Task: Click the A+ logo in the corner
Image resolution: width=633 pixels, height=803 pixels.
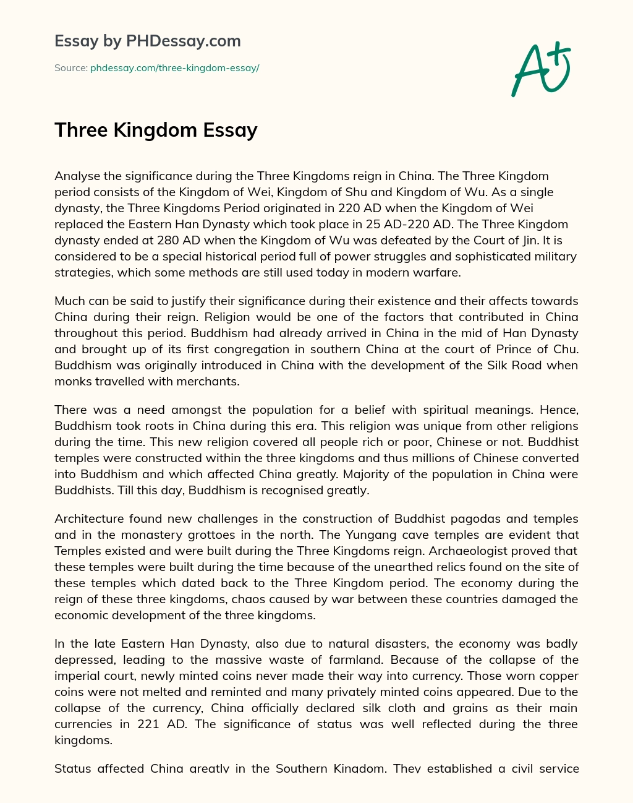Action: coord(541,69)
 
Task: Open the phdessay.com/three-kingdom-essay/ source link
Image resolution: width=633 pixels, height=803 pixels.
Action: coord(174,68)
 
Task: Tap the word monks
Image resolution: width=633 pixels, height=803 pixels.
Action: coord(70,382)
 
